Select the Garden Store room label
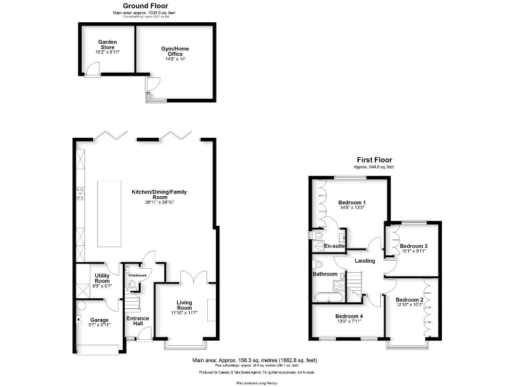tap(107, 46)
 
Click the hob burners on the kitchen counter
tap(80, 193)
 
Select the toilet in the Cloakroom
tap(131, 286)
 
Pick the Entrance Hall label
tap(138, 321)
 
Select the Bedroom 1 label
tap(352, 202)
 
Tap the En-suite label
tap(335, 247)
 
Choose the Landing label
tap(365, 261)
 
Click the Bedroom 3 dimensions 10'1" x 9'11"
tap(413, 253)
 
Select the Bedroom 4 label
tap(349, 316)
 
